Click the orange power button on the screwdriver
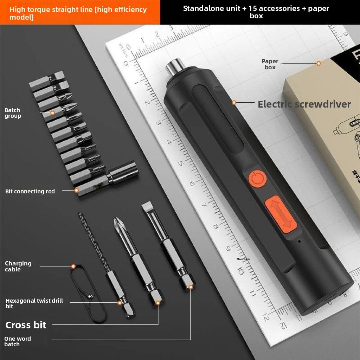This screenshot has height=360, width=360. pyautogui.click(x=257, y=179)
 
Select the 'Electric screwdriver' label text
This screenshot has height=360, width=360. pyautogui.click(x=304, y=104)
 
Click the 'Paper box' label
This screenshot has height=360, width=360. pyautogui.click(x=270, y=64)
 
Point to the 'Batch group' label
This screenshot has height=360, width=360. pyautogui.click(x=13, y=113)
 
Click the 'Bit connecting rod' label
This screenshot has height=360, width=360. pyautogui.click(x=30, y=191)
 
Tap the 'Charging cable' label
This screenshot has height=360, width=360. pyautogui.click(x=18, y=266)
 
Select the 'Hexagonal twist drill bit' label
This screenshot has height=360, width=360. pyautogui.click(x=34, y=303)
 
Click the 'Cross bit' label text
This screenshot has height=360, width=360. pyautogui.click(x=26, y=325)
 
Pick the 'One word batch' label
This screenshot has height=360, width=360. pyautogui.click(x=17, y=341)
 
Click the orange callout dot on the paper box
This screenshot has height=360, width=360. pyautogui.click(x=319, y=63)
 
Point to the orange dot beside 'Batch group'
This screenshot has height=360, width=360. pyautogui.click(x=52, y=113)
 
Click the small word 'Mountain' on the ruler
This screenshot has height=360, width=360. pyautogui.click(x=243, y=260)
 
